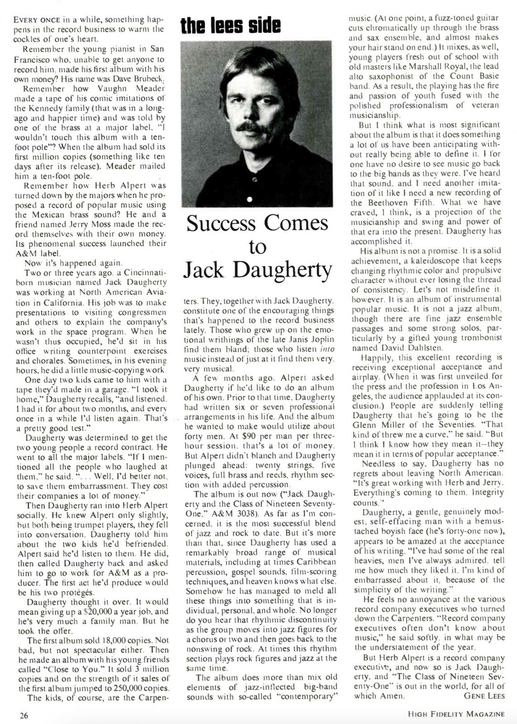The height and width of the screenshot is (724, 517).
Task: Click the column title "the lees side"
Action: coord(230,26)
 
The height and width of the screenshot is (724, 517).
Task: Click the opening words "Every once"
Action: coord(36,20)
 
